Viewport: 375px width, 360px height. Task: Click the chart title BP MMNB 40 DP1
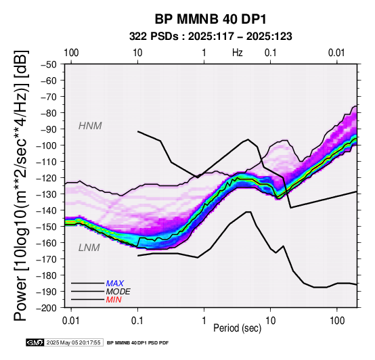211,20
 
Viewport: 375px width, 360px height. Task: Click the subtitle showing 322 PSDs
211,37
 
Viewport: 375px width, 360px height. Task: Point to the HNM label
90,126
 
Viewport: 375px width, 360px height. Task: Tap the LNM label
89,248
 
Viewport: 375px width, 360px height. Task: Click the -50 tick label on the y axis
49,64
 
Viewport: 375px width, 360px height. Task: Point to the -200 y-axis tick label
47,308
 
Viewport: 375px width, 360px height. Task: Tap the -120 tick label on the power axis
47,178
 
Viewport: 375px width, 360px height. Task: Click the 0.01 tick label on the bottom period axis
71,321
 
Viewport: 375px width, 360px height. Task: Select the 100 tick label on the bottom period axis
337,321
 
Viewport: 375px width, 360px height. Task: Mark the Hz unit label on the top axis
237,53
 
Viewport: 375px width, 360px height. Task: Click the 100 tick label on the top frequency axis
71,53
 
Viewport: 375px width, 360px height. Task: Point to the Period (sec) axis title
237,328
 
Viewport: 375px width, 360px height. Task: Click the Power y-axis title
21,185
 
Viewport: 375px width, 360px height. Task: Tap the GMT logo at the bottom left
35,343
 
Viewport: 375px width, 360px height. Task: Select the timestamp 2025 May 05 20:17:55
73,343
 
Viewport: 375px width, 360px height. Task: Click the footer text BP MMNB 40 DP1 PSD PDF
138,343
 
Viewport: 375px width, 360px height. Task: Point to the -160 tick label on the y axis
47,243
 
